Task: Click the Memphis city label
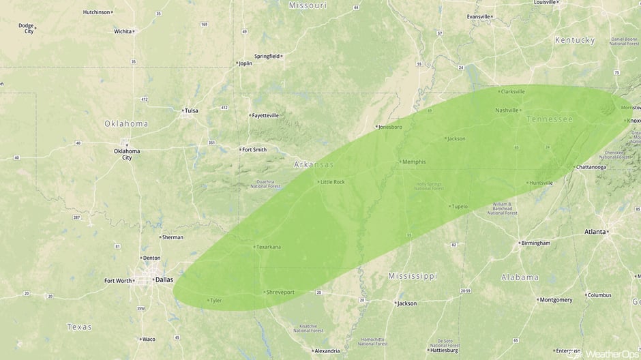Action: tap(414, 162)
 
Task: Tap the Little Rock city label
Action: tap(333, 182)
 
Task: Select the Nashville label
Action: tap(507, 110)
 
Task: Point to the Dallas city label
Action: tap(164, 280)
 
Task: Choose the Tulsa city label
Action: tap(190, 110)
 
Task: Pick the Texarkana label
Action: tap(268, 247)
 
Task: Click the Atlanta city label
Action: tap(595, 232)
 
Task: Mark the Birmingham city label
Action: tap(535, 243)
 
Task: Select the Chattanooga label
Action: tap(591, 167)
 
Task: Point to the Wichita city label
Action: tap(123, 31)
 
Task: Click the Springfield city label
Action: tap(267, 56)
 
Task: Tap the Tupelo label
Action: tap(460, 206)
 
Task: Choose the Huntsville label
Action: tap(541, 183)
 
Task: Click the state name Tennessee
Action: tap(549, 119)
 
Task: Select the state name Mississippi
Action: tap(412, 276)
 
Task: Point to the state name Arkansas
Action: tap(314, 165)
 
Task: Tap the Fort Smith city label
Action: tap(254, 149)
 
